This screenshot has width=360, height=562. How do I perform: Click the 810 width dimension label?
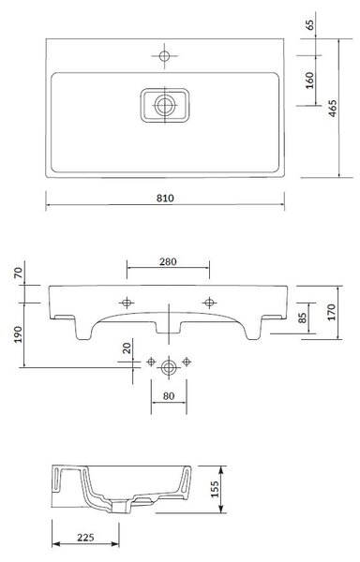(x=165, y=199)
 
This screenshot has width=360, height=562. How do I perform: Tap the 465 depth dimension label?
(x=333, y=108)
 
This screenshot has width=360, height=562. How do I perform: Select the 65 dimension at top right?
(x=309, y=24)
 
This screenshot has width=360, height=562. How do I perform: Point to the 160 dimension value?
(x=309, y=81)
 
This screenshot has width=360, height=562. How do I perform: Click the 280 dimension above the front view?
(x=168, y=261)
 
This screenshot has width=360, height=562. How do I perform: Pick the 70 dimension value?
(x=18, y=273)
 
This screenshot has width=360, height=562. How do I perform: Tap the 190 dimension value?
(x=18, y=334)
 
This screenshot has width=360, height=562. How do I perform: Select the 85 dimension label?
(x=303, y=318)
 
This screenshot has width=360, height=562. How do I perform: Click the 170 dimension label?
(x=331, y=312)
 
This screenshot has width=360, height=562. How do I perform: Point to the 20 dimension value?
(x=127, y=348)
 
